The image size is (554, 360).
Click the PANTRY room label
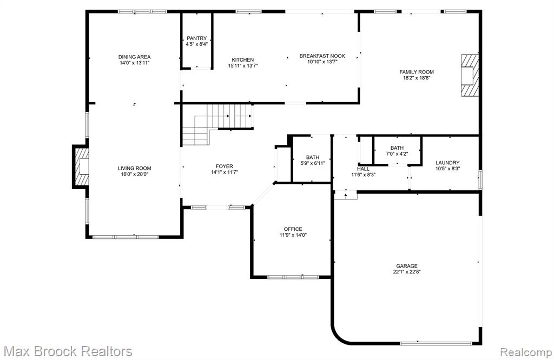(197, 38)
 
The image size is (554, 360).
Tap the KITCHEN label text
(243, 59)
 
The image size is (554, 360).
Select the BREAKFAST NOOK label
(322, 56)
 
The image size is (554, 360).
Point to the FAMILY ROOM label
(417, 72)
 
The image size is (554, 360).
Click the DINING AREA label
(134, 57)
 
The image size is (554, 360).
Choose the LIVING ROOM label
(134, 168)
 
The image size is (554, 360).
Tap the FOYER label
(225, 166)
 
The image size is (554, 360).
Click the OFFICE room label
(293, 229)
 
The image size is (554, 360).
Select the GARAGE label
(407, 266)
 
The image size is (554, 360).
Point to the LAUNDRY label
(447, 163)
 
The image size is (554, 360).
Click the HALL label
(363, 169)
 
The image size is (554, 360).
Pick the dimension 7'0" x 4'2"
(397, 154)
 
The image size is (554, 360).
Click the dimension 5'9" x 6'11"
(313, 163)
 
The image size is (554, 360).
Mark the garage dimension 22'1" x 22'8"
(407, 272)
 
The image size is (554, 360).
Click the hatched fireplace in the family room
(470, 75)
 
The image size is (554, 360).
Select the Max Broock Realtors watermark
(68, 351)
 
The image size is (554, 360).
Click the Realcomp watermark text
(526, 352)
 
